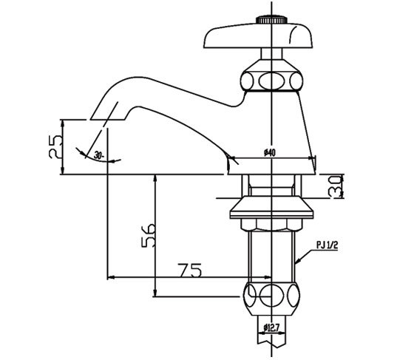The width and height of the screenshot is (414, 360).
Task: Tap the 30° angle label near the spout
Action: pos(101,155)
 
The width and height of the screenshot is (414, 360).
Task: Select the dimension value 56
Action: pos(146,235)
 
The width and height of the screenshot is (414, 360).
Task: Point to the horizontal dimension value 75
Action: pos(190,271)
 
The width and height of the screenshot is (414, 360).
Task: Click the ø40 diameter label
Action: pos(269,152)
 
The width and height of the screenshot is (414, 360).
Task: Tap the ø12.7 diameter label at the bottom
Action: pos(272,327)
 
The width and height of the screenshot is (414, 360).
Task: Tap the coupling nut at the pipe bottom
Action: pos(272,296)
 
